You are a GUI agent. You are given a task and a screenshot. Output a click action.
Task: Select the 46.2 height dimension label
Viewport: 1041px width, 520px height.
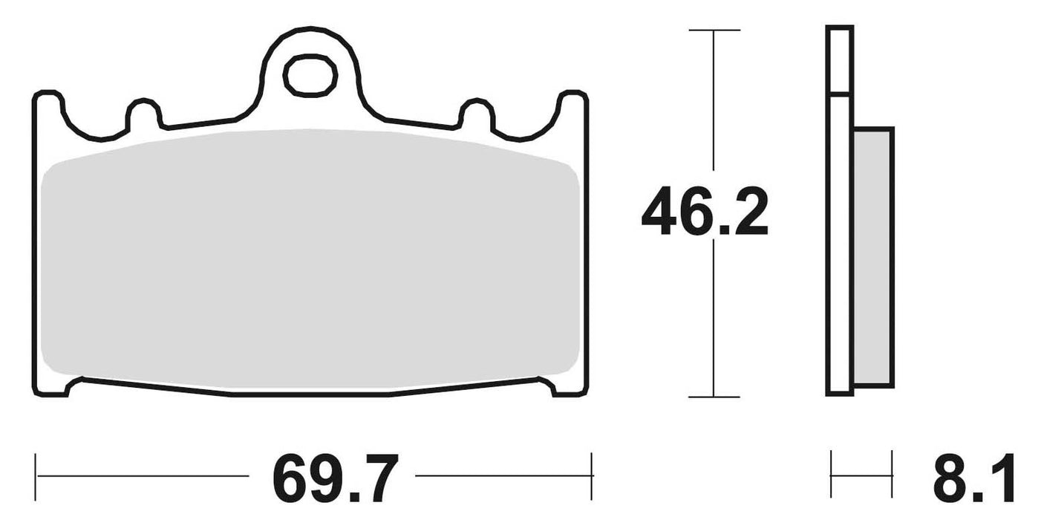[704, 212]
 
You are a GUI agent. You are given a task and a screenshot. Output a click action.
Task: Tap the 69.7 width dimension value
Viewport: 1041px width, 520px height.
[332, 479]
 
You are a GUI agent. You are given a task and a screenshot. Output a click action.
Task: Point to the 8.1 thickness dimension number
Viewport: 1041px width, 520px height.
[973, 479]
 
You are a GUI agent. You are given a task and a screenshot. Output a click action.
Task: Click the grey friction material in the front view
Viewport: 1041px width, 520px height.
[310, 260]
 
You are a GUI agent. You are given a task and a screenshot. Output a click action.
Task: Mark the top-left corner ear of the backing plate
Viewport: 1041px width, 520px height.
[47, 104]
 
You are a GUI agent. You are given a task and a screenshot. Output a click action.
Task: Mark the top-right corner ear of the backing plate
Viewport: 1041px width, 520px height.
[573, 104]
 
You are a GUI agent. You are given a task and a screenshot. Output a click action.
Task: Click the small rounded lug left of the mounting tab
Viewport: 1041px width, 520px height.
[145, 111]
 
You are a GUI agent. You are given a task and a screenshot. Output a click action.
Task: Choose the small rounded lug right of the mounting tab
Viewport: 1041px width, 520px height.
[476, 111]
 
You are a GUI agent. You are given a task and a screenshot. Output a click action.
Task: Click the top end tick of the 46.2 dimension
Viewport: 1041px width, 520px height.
[714, 30]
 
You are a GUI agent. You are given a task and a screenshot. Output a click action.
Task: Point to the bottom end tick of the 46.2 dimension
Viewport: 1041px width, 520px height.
[714, 397]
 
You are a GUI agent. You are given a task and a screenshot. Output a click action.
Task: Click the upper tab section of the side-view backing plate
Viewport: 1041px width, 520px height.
[840, 59]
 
